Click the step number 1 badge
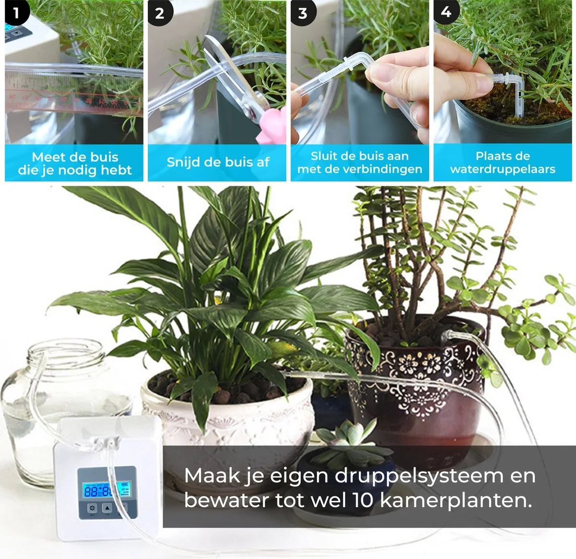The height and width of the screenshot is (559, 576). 15,12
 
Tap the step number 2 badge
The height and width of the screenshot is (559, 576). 159,13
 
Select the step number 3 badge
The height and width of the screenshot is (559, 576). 302,13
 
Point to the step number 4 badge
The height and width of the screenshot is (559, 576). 446,12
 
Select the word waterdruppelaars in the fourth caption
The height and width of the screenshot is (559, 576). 503,169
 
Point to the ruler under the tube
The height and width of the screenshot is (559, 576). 72,99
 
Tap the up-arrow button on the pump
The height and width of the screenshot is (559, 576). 107,508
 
